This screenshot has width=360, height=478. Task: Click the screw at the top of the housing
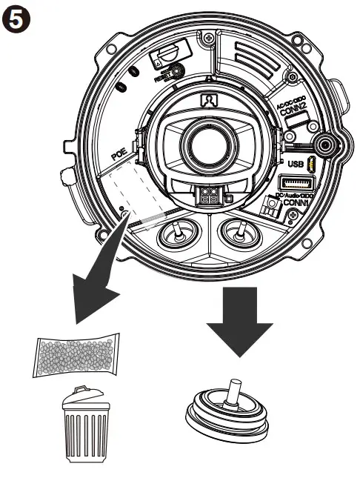click(211, 35)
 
